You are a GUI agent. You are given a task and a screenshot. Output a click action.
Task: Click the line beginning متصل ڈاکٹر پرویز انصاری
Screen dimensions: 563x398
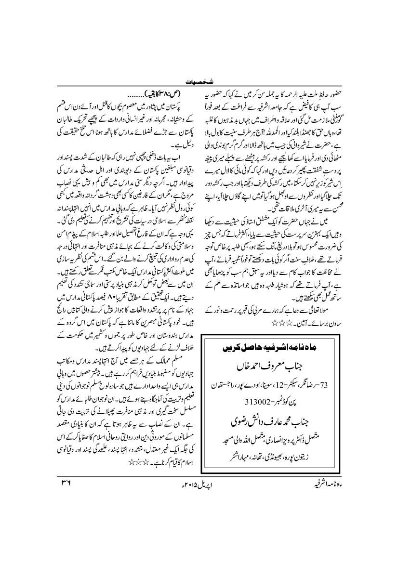click(x=275, y=439)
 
